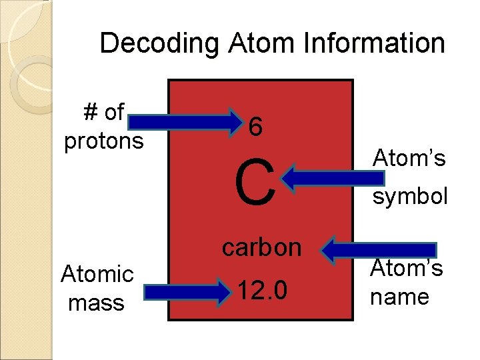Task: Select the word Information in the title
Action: [x=372, y=44]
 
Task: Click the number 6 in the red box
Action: [x=255, y=127]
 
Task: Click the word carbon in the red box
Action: [x=262, y=247]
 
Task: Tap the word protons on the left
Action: [x=103, y=141]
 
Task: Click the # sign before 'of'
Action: [x=91, y=113]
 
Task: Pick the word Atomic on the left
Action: [x=97, y=273]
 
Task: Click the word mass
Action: [x=96, y=303]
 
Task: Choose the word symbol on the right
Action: [x=410, y=196]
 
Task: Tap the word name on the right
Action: [x=399, y=296]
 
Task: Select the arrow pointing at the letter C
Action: [x=333, y=178]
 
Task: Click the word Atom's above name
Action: [x=407, y=269]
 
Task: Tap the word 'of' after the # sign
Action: [x=114, y=113]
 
